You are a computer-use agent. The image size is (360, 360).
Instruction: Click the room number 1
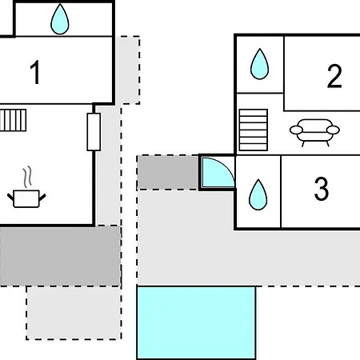35,72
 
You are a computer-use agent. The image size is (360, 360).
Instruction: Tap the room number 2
334,76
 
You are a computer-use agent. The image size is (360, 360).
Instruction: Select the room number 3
322,189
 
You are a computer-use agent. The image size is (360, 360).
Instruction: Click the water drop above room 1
60,19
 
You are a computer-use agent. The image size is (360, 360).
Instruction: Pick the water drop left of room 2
259,64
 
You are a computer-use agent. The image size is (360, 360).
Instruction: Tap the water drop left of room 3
258,194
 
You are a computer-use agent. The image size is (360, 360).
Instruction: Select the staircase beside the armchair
254,130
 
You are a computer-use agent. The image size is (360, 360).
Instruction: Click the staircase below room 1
13,120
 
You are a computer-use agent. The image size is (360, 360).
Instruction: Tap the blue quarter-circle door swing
218,172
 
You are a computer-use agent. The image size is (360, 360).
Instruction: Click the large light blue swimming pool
196,322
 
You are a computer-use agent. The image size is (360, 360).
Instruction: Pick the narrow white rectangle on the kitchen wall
94,132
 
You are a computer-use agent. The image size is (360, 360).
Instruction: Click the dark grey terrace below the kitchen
60,257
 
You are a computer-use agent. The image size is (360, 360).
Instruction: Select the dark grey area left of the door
168,173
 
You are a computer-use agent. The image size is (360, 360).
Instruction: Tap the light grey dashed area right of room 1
128,70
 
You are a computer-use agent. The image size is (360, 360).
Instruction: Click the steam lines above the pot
27,177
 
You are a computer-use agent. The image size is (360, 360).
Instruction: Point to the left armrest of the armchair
296,130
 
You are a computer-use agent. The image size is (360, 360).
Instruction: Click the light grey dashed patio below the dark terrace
74,313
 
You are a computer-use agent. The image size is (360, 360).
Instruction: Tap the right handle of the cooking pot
42,198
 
